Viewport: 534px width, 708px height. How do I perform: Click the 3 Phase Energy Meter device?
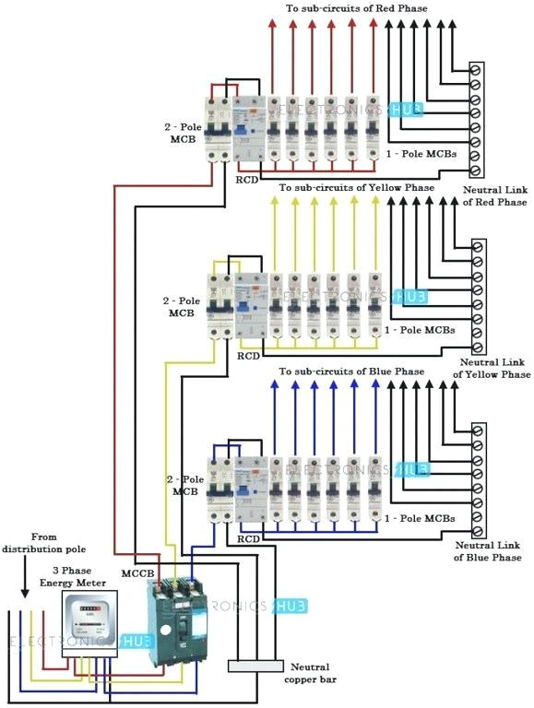pyautogui.click(x=89, y=624)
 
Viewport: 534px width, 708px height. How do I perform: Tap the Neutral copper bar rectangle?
pyautogui.click(x=255, y=666)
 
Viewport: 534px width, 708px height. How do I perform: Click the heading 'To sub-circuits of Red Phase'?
pyautogui.click(x=356, y=8)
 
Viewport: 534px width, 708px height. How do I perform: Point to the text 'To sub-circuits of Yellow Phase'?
pyautogui.click(x=356, y=187)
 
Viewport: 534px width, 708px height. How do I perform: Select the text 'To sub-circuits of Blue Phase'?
pyautogui.click(x=351, y=372)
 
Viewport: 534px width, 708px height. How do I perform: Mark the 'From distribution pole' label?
pyautogui.click(x=43, y=543)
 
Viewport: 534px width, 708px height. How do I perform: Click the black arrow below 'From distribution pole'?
pyautogui.click(x=23, y=576)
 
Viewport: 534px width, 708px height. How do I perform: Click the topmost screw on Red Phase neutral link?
pyautogui.click(x=477, y=70)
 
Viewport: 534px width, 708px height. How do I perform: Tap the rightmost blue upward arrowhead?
pyautogui.click(x=374, y=385)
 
